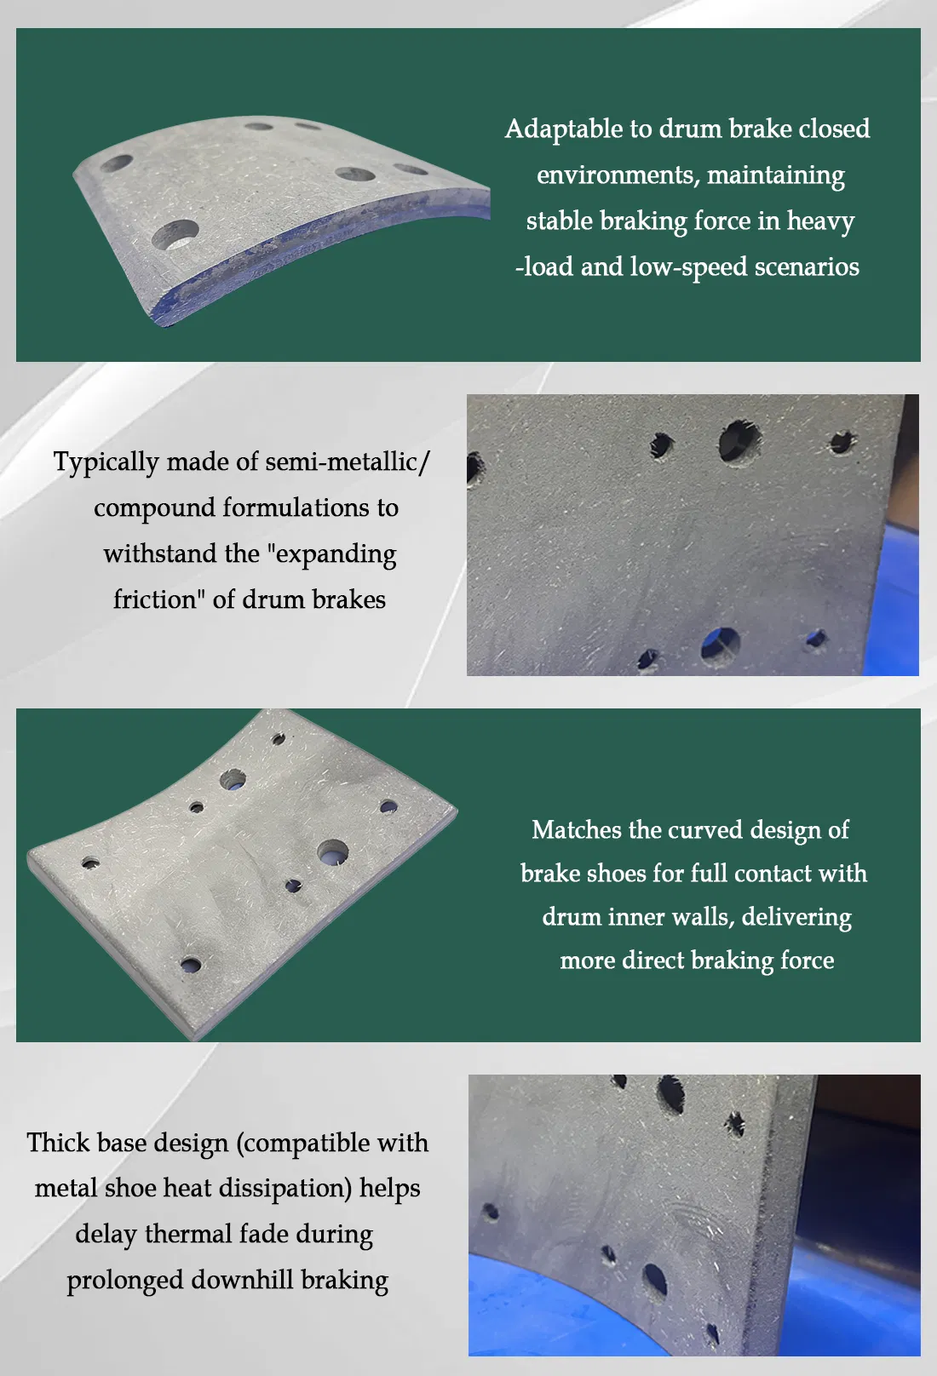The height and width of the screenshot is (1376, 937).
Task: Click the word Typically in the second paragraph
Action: pos(106,462)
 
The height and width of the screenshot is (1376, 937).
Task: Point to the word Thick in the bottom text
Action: pos(57,1143)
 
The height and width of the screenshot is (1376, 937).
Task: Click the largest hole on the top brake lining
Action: pos(176,232)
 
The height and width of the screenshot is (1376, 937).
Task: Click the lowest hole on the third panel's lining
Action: pos(191,965)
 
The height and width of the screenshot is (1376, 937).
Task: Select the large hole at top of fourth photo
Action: pos(670,1095)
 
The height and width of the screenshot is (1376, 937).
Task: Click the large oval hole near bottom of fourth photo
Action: pos(654,1280)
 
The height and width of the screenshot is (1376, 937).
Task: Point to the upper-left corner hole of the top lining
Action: pos(118,163)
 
